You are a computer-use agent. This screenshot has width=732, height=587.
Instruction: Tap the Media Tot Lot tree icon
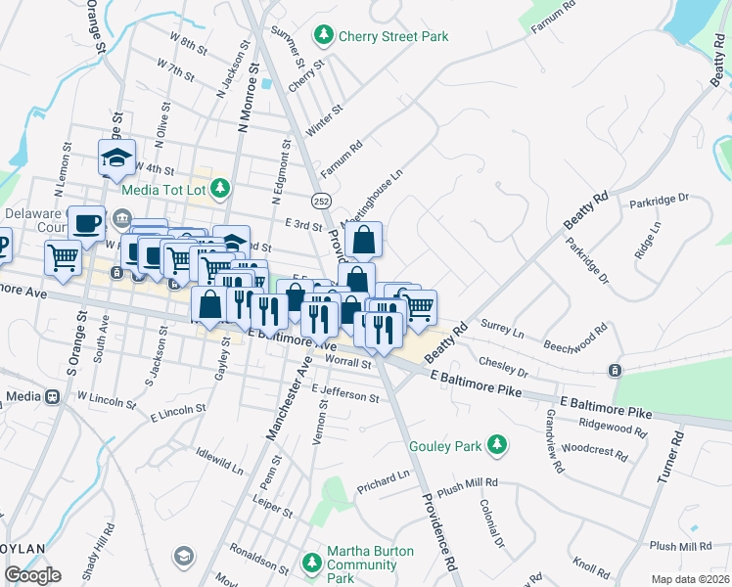click(x=222, y=186)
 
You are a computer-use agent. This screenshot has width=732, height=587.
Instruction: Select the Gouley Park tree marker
click(x=498, y=446)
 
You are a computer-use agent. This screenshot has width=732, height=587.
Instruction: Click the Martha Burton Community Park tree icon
click(x=312, y=563)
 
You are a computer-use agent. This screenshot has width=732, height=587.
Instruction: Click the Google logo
click(x=32, y=575)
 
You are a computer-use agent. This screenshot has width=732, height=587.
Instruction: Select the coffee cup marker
click(x=86, y=222)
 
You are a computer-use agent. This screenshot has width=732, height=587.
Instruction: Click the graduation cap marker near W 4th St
click(x=115, y=157)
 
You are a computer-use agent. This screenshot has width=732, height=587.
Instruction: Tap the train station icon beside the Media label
click(x=53, y=397)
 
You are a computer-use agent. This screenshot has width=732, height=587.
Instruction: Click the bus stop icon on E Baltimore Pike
click(x=614, y=370)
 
